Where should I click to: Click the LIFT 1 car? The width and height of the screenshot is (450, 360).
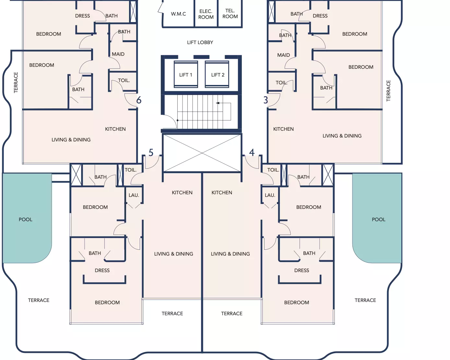click(x=186, y=74)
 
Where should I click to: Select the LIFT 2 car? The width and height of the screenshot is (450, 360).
click(x=217, y=74)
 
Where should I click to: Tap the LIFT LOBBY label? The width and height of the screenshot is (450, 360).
click(x=200, y=42)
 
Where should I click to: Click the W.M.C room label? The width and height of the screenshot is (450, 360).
click(x=178, y=14)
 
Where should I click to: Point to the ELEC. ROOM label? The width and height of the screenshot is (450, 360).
click(x=206, y=14)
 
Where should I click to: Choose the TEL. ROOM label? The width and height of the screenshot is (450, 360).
click(x=230, y=14)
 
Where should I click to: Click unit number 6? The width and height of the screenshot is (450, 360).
click(x=139, y=100)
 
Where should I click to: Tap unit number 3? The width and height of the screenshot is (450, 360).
click(x=266, y=100)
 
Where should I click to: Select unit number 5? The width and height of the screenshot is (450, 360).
click(x=151, y=152)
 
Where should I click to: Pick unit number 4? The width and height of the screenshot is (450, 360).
click(x=252, y=152)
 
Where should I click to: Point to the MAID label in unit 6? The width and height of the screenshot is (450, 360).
click(x=118, y=54)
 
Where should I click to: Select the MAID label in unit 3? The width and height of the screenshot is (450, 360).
click(x=284, y=55)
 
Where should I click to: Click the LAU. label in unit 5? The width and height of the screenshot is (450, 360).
click(x=134, y=195)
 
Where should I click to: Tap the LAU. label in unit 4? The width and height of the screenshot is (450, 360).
click(x=270, y=195)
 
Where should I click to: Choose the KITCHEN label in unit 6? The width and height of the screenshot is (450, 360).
click(x=115, y=129)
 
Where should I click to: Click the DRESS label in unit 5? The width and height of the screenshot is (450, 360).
click(x=102, y=270)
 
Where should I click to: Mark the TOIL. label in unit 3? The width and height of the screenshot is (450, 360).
click(x=281, y=83)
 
